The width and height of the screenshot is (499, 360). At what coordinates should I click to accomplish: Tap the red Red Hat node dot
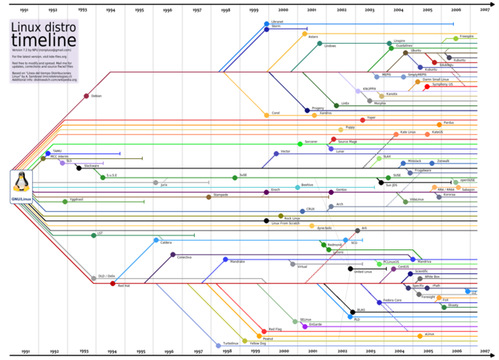click(112, 283)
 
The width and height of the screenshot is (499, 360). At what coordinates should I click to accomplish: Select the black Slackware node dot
click(79, 168)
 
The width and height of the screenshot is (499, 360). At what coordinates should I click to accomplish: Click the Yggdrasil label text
click(76, 199)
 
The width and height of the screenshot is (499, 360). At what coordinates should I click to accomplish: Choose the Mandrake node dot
click(225, 259)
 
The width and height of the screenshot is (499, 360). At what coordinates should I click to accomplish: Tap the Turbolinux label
click(230, 344)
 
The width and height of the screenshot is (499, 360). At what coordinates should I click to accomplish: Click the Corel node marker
click(266, 114)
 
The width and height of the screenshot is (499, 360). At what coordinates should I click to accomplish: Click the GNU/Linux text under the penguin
click(21, 199)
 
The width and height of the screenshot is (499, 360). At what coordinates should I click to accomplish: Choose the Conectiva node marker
click(172, 255)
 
